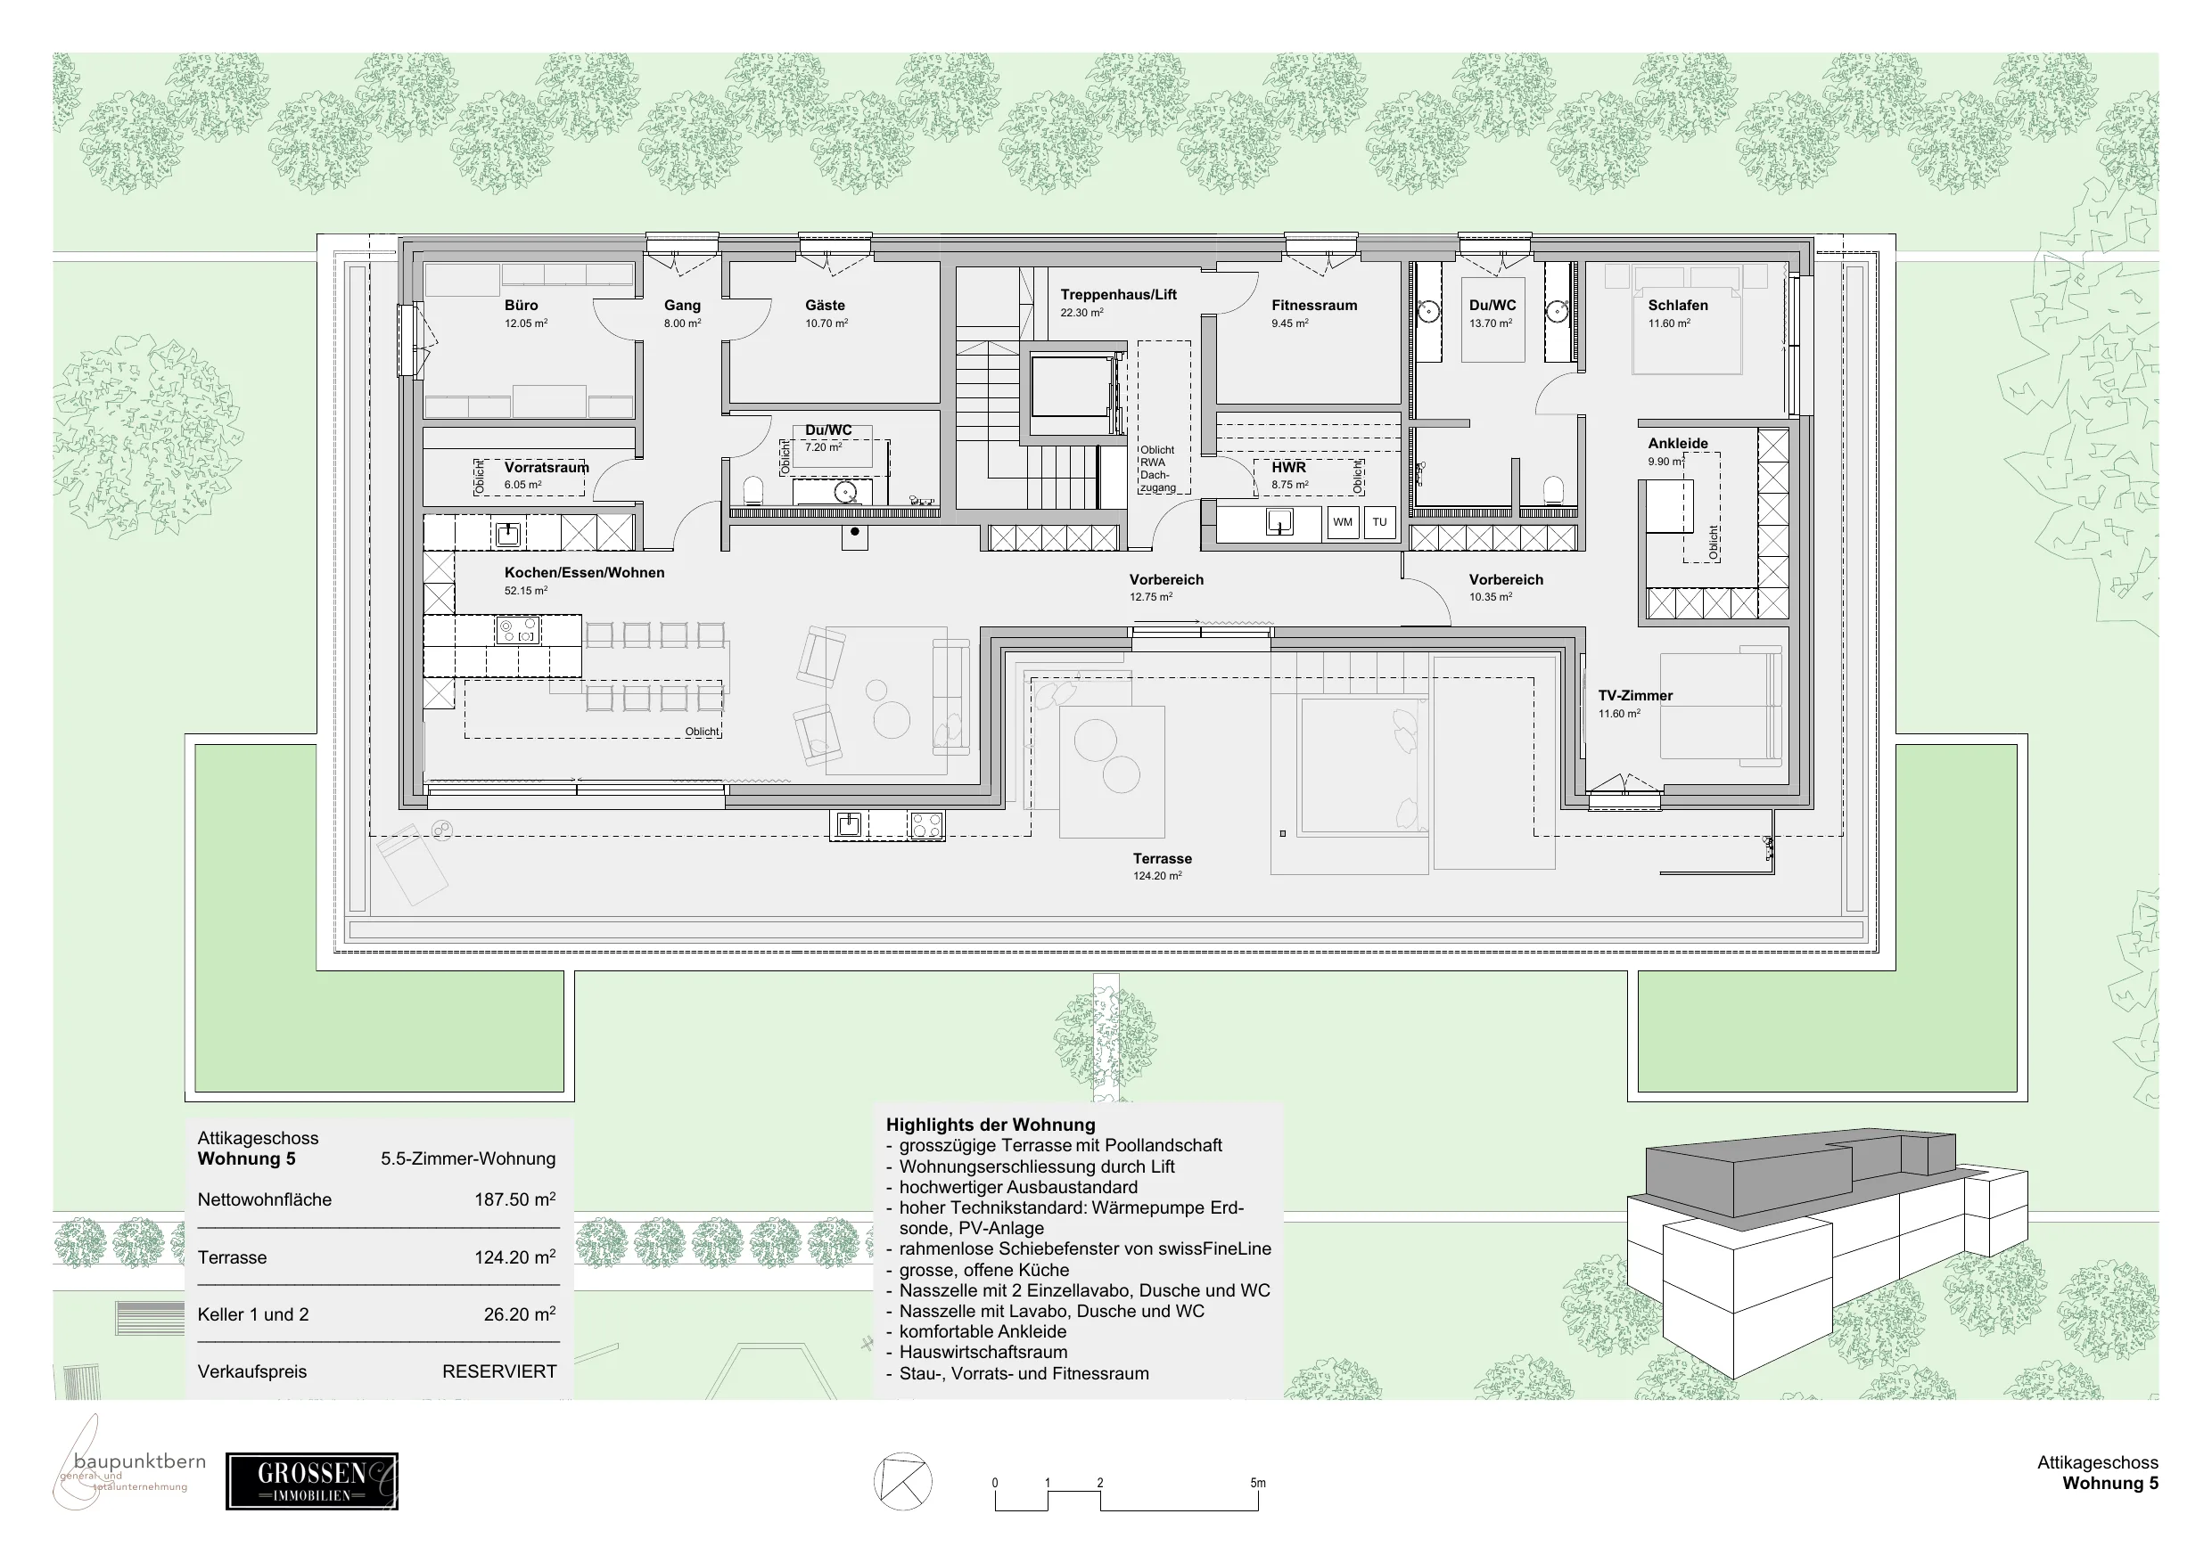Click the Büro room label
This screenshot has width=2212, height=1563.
522,306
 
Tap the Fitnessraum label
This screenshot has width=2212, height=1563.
1314,306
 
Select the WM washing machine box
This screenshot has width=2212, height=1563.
1343,522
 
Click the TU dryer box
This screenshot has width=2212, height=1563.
1379,522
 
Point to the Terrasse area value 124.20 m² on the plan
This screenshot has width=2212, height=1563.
1157,876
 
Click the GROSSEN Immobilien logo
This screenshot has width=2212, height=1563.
312,1481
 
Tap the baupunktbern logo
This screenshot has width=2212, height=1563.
129,1464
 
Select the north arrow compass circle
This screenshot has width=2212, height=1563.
902,1481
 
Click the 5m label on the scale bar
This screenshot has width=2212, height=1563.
1257,1483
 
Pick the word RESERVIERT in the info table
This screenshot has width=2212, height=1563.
499,1371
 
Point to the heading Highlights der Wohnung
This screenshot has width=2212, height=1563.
991,1125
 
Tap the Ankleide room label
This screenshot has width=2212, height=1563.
1677,444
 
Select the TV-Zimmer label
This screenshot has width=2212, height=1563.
1635,695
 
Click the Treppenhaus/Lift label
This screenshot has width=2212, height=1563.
1119,295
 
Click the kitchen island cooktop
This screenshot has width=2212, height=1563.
517,631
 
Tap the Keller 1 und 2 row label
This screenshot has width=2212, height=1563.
253,1314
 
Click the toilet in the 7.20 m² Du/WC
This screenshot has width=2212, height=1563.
753,492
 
